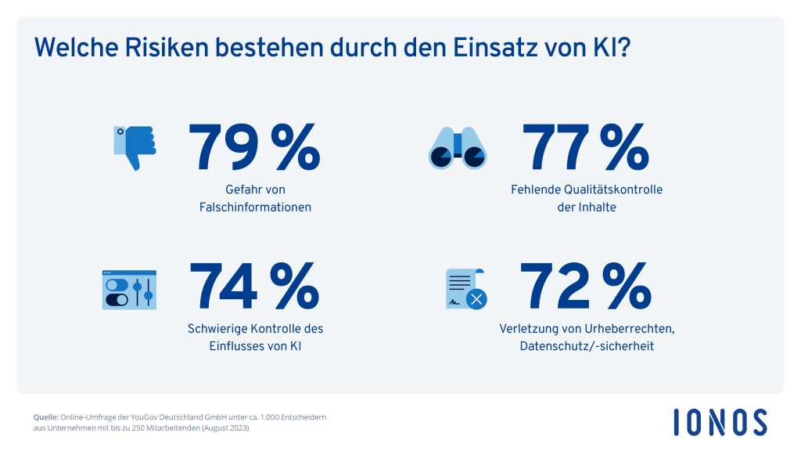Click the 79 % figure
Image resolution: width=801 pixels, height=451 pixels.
253,148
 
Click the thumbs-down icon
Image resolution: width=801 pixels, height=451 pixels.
135,146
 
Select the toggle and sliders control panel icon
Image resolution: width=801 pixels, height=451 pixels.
129,289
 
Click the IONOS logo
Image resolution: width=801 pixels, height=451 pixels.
720,422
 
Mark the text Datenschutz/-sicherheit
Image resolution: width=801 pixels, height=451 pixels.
586,346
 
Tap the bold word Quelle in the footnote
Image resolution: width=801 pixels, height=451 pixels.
46,417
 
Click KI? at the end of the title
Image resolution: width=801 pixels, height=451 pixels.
613,48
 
